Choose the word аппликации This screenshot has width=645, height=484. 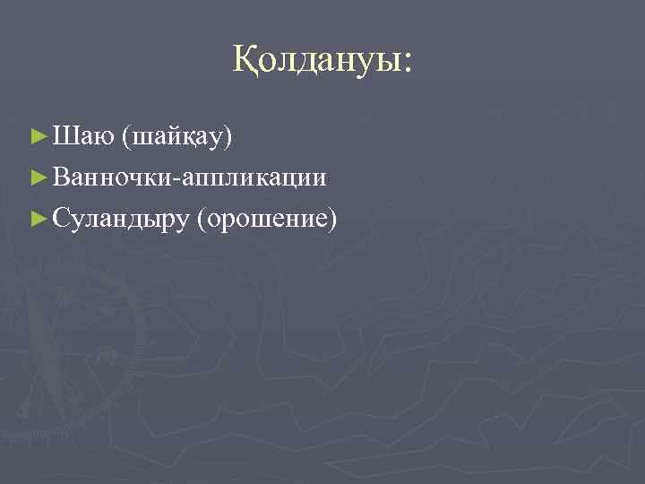(254, 177)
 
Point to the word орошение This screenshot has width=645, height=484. (270, 217)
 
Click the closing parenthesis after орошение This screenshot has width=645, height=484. (333, 217)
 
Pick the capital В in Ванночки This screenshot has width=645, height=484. (60, 177)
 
